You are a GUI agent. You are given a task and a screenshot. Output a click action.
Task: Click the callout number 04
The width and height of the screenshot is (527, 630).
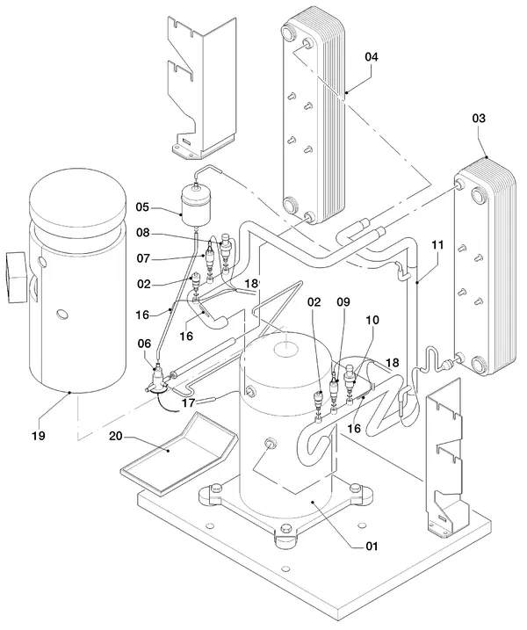coord(372,57)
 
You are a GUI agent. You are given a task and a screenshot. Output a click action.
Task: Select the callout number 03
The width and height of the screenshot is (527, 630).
coord(479,118)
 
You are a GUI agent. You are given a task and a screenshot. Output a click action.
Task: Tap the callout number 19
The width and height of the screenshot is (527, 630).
coord(39,436)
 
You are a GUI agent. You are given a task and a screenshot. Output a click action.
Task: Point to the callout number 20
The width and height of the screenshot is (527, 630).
coord(116,436)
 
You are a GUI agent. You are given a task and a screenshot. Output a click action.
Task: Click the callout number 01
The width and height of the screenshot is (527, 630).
coord(372,547)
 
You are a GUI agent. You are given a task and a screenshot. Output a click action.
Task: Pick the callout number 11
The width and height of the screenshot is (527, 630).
coord(437,244)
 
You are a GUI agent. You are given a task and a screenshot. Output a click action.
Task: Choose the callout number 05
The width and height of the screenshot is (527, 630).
coord(142,207)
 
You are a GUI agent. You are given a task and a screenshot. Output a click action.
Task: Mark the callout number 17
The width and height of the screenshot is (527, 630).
coord(188,402)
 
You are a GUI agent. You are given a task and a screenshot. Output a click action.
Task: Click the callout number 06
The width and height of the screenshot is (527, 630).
coord(144,344)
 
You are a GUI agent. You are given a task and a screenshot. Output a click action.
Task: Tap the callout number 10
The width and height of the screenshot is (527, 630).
coord(372,320)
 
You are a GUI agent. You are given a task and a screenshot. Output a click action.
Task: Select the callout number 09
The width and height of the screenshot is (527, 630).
coord(343,301)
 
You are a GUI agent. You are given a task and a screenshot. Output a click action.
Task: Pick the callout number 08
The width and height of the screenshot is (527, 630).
coord(142,233)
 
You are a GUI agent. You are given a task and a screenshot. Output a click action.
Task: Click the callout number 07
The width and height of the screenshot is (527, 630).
coord(143,258)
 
